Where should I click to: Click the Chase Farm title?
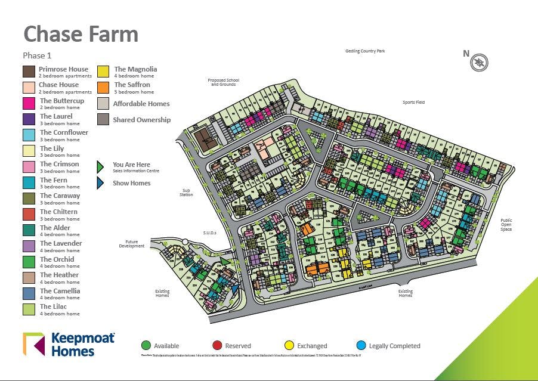point(81,34)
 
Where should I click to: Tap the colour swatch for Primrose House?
point(29,72)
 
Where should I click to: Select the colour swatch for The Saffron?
point(103,88)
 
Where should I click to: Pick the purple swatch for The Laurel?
point(29,119)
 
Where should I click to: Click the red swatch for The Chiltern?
point(29,214)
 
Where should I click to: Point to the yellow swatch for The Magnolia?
point(103,72)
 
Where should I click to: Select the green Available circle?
point(146,345)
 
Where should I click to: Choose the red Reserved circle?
point(217,345)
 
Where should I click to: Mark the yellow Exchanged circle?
point(289,345)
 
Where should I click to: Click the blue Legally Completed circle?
point(361,345)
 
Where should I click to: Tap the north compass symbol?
point(479,62)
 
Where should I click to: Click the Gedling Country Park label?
point(365,51)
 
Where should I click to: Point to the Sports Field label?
point(413,103)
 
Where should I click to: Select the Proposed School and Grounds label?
point(223,82)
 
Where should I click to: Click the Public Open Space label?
point(506,225)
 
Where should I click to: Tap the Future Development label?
point(132,244)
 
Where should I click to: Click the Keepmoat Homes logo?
point(69,345)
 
